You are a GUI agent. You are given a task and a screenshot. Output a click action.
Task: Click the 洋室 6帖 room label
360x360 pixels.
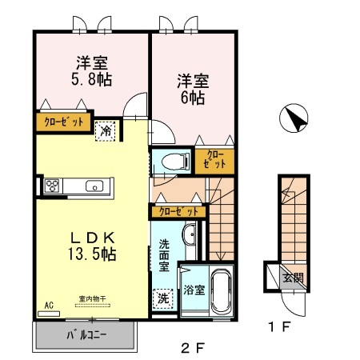coord(192,89)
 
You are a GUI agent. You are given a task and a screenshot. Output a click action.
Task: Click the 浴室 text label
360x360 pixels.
coord(194,290)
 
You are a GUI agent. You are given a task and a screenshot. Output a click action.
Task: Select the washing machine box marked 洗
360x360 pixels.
coord(163,297)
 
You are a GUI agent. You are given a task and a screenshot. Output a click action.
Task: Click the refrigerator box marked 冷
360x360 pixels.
coord(105,131)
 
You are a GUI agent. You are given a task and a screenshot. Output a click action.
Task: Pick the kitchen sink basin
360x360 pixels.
coord(94,187)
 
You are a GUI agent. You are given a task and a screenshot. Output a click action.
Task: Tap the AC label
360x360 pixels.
coord(49,305)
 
